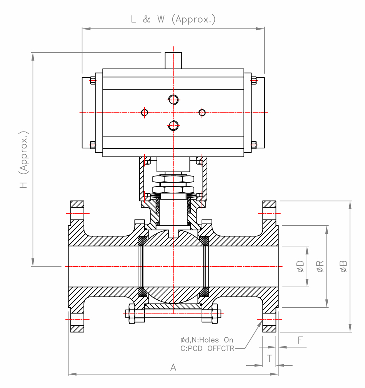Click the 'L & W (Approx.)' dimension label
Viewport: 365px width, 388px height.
click(x=173, y=20)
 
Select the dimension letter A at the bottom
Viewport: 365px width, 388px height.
click(x=173, y=368)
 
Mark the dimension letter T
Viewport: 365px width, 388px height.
click(x=269, y=358)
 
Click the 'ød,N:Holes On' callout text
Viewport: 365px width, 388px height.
click(x=207, y=340)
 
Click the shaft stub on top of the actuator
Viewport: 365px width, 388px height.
click(x=173, y=60)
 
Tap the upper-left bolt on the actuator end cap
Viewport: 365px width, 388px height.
click(x=92, y=80)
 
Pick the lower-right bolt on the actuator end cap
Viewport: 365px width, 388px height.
click(x=253, y=145)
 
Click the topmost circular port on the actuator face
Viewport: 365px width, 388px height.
click(x=173, y=100)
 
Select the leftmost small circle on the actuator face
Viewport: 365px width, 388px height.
click(x=145, y=112)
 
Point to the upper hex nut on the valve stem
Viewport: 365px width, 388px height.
click(x=173, y=179)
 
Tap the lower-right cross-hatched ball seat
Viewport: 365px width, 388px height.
click(x=204, y=292)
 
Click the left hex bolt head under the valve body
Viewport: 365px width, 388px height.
click(x=130, y=313)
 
